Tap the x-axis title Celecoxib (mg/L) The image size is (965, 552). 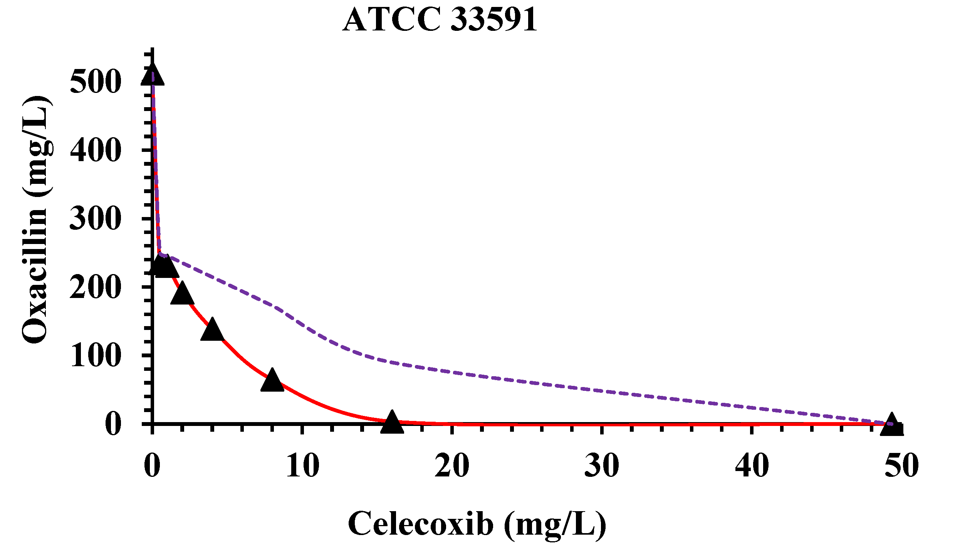click(477, 525)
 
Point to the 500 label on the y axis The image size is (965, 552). click(96, 82)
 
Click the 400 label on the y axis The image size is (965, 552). click(96, 150)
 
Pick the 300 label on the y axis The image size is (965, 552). click(96, 219)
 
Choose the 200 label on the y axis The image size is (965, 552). click(96, 288)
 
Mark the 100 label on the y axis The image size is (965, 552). click(96, 355)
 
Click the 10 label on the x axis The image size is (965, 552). click(303, 466)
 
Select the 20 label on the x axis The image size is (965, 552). click(452, 466)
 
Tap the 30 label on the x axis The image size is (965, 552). click(602, 466)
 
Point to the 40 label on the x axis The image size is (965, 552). click(752, 466)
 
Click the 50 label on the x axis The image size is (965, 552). click(901, 466)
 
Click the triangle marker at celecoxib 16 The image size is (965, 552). click(392, 423)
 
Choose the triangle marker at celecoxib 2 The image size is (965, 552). click(182, 294)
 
